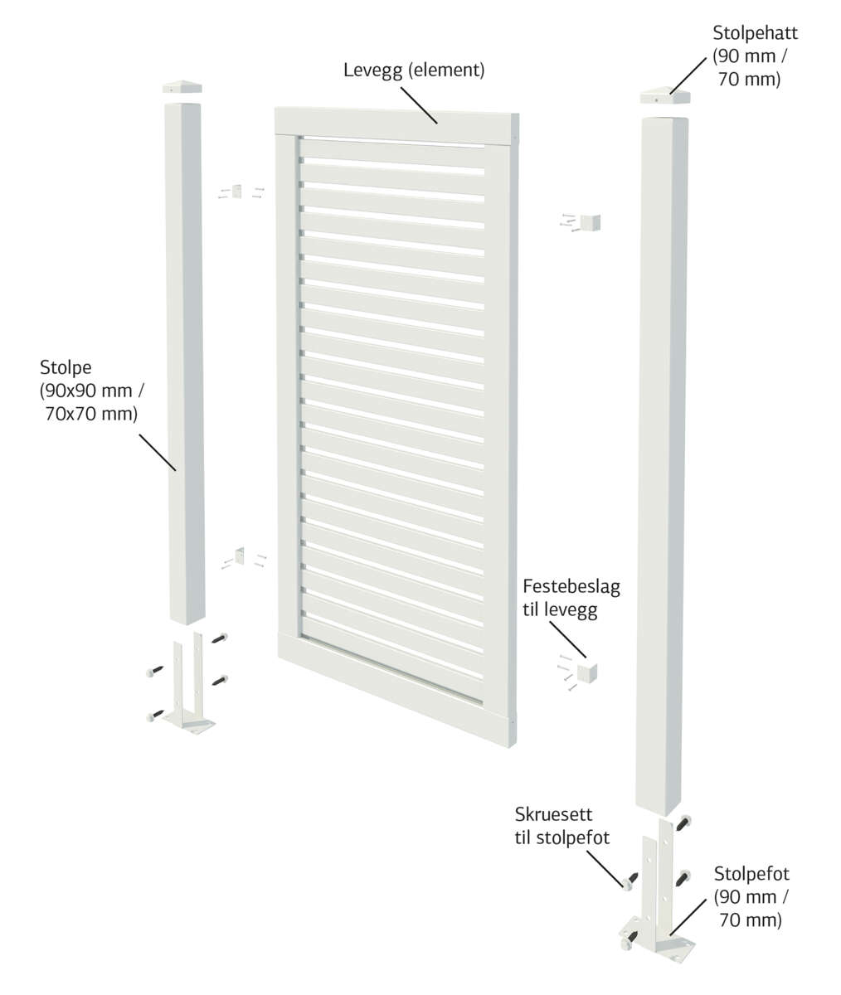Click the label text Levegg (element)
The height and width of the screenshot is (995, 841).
tap(414, 70)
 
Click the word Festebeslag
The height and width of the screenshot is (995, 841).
tap(571, 587)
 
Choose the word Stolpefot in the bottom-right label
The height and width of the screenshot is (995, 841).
tap(752, 873)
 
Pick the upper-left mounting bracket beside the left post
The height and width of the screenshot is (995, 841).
tap(237, 192)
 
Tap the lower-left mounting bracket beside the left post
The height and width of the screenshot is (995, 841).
tap(241, 556)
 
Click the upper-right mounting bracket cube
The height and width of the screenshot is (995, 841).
tap(591, 222)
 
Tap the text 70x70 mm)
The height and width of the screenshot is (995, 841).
tap(91, 413)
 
